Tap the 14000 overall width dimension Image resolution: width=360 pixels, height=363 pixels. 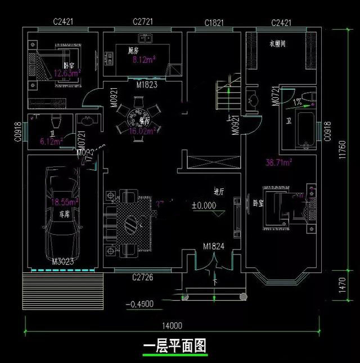[173, 325]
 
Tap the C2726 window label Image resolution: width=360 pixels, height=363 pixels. [143, 277]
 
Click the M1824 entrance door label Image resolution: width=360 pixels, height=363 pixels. [214, 246]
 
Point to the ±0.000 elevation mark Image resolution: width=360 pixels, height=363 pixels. [204, 206]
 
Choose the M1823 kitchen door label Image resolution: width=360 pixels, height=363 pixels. [146, 85]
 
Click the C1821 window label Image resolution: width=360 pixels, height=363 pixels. [215, 22]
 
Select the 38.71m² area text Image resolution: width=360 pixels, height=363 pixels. [278, 163]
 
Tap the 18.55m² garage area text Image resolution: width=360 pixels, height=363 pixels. [65, 201]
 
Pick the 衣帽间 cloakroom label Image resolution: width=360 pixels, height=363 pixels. [277, 43]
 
